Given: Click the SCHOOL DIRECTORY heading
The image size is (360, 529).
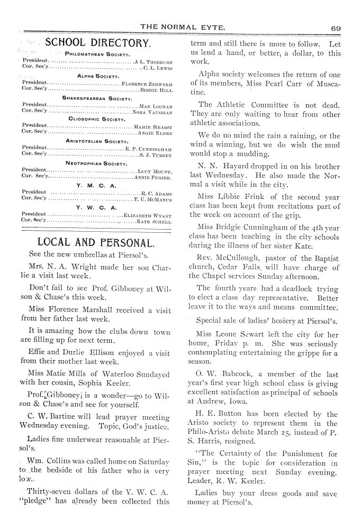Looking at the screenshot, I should click(98, 43).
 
